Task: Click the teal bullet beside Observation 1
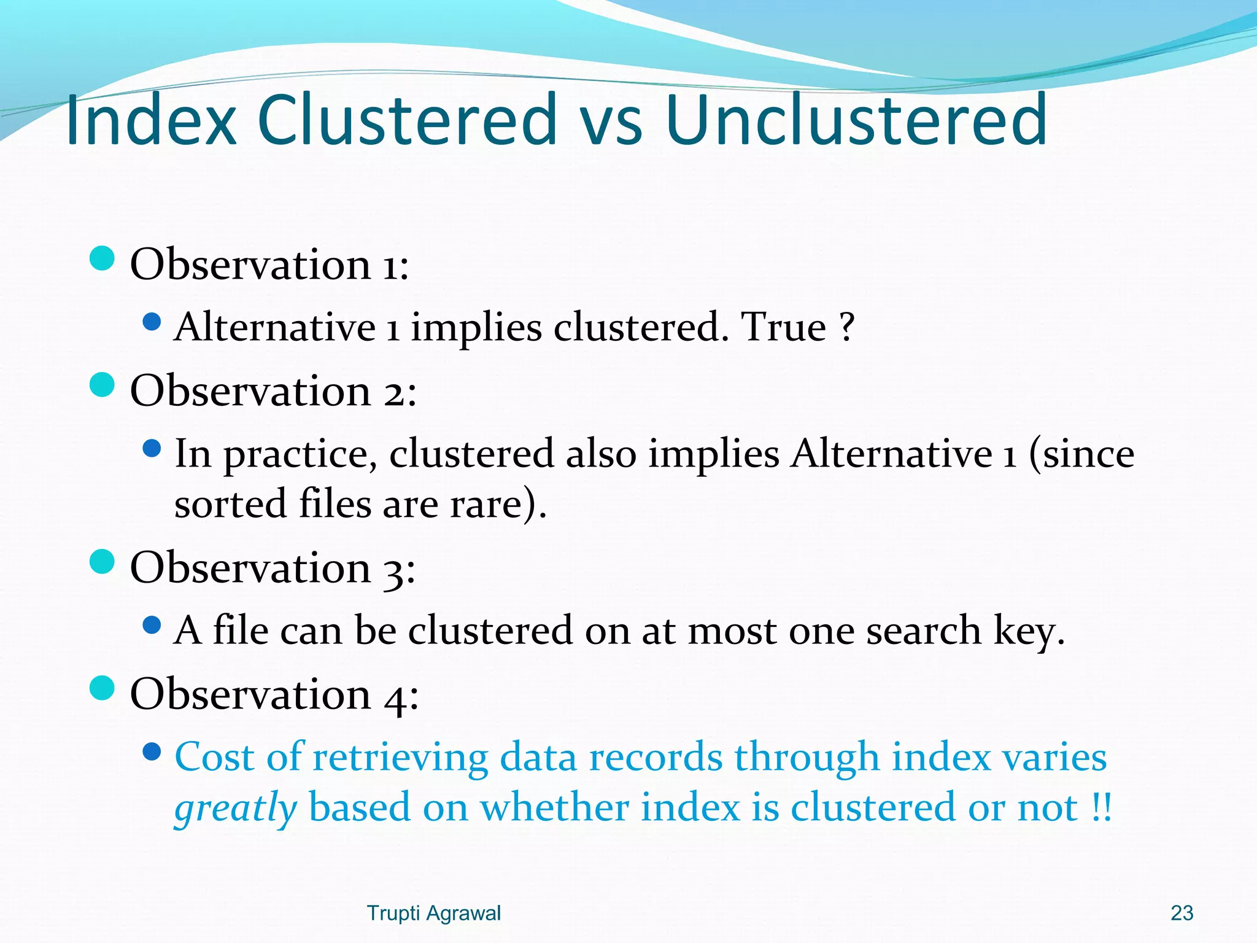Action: tap(102, 258)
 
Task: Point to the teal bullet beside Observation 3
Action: tap(102, 562)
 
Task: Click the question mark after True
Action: tap(846, 327)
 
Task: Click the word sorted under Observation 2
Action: tap(231, 505)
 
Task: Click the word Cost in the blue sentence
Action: tap(215, 757)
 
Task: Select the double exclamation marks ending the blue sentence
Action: tap(1102, 808)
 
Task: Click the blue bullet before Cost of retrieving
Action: tap(152, 752)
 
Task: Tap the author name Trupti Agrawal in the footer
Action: tap(433, 913)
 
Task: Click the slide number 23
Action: tap(1182, 913)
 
